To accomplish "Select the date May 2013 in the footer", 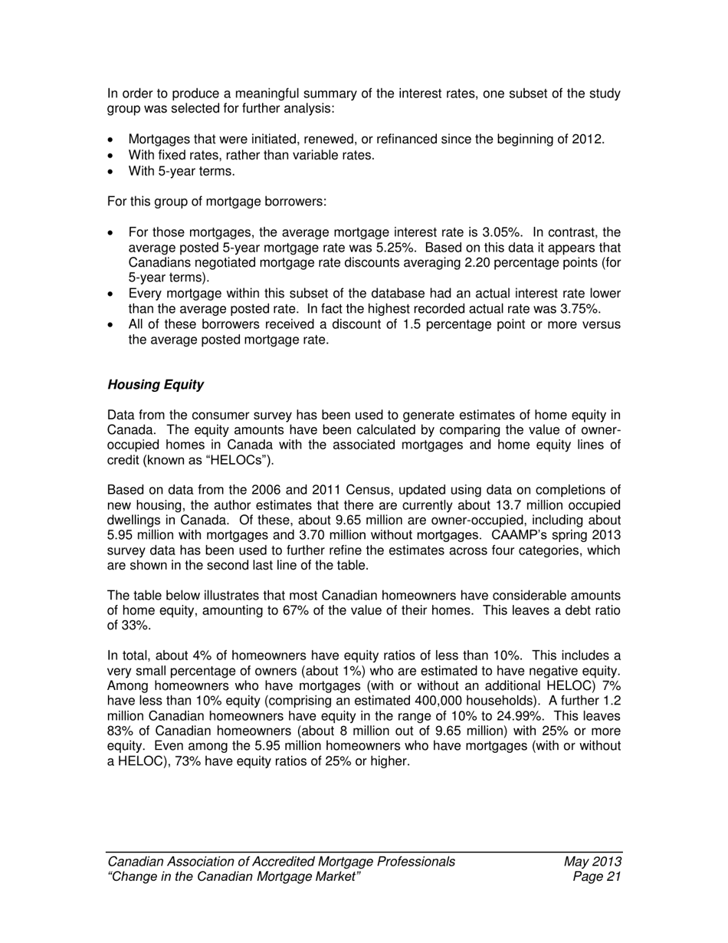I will (592, 862).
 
